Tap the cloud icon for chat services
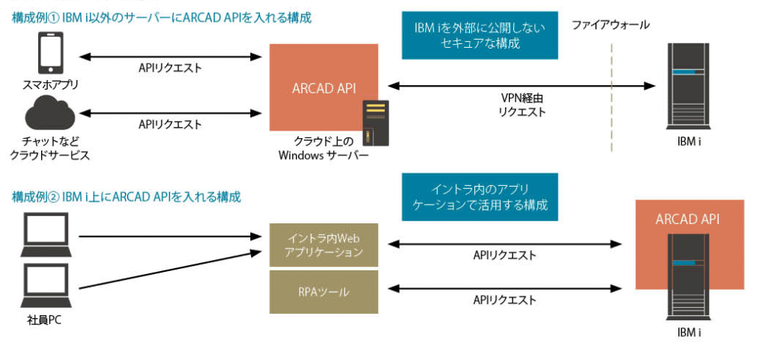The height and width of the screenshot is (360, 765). pos(49,117)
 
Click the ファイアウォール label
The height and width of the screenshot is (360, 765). pos(610,25)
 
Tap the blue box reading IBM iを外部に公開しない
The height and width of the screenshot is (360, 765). pos(480,36)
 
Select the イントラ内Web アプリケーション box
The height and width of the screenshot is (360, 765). pos(323,245)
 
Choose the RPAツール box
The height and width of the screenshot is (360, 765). pos(323,292)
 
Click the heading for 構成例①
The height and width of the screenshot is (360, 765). pos(161,17)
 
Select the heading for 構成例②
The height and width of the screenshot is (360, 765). pos(126,197)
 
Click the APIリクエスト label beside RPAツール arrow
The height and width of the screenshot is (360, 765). pos(504,300)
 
